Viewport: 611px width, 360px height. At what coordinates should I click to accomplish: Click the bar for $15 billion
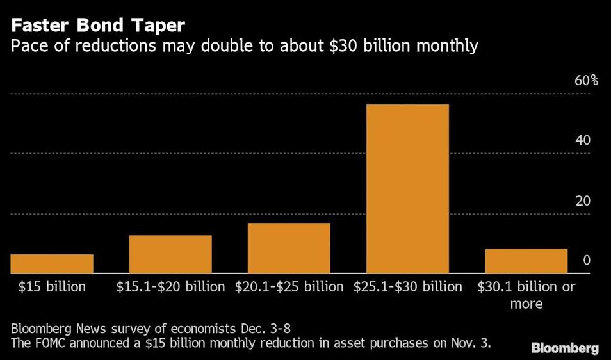(x=52, y=264)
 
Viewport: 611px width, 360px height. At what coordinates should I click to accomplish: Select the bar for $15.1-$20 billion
(x=170, y=254)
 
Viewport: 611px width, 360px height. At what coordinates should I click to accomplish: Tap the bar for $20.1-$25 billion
(x=289, y=249)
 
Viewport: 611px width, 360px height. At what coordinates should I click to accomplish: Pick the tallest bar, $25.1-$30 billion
(x=407, y=189)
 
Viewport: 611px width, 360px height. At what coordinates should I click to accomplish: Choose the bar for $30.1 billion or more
(x=526, y=261)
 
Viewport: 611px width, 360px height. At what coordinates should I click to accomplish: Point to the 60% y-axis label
(x=585, y=81)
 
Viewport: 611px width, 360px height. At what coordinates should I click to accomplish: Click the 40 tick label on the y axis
(x=583, y=140)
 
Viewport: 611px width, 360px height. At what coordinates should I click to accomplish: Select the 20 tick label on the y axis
(x=583, y=200)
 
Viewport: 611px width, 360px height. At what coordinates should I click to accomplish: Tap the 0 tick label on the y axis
(x=586, y=261)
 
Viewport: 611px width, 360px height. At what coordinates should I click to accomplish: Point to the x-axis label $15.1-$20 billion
(x=170, y=286)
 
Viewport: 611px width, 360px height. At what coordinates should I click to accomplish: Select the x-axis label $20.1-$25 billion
(x=289, y=286)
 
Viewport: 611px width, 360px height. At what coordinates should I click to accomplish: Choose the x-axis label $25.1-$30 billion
(x=407, y=286)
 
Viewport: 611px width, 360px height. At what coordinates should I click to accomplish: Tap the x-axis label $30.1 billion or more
(x=526, y=295)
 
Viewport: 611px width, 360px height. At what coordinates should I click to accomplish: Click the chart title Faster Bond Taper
(x=98, y=26)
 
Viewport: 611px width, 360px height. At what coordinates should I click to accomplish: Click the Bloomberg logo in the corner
(x=565, y=348)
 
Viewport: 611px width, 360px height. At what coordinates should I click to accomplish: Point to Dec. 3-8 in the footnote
(x=273, y=329)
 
